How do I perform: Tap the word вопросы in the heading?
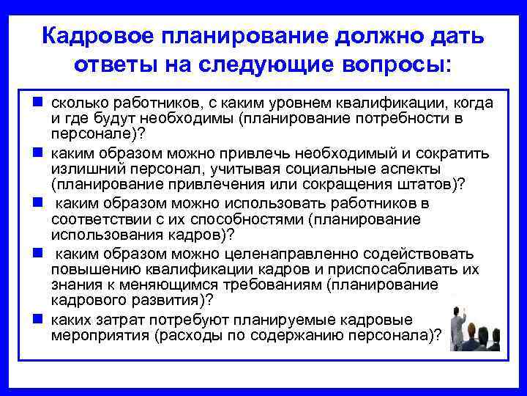400,65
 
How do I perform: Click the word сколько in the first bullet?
78,103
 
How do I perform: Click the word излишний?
82,169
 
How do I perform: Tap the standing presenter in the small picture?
459,323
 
